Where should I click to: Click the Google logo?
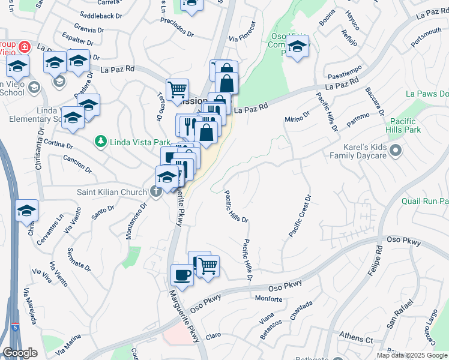(20, 353)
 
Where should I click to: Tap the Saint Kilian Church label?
(111, 192)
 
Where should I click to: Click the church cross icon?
(156, 193)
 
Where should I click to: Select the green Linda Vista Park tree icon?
(100, 142)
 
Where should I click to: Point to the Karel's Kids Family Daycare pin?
(395, 151)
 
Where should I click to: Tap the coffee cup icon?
(182, 275)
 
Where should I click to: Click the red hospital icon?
(25, 46)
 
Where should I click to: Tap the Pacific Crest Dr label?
(300, 215)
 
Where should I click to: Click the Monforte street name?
(268, 299)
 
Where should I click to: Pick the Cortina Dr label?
(58, 145)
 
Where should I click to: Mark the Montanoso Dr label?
(136, 220)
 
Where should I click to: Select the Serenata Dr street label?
(79, 259)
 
